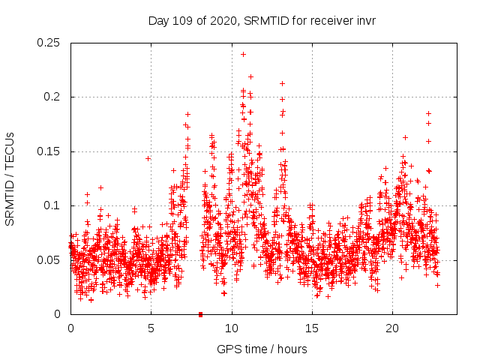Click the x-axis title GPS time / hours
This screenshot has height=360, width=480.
262,349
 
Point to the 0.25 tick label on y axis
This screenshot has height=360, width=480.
49,43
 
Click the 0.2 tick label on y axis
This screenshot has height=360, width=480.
53,97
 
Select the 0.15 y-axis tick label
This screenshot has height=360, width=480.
49,151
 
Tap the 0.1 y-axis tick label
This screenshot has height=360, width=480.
53,205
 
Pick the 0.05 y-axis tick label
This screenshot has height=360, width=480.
49,260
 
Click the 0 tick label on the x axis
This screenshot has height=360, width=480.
70,328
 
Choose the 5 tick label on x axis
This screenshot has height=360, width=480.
151,328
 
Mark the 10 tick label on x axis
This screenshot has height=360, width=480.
232,328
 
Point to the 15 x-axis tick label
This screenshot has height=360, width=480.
312,328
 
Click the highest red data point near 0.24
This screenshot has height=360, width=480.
243,54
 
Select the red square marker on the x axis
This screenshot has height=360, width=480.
200,314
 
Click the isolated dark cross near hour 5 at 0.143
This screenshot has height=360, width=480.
148,158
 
